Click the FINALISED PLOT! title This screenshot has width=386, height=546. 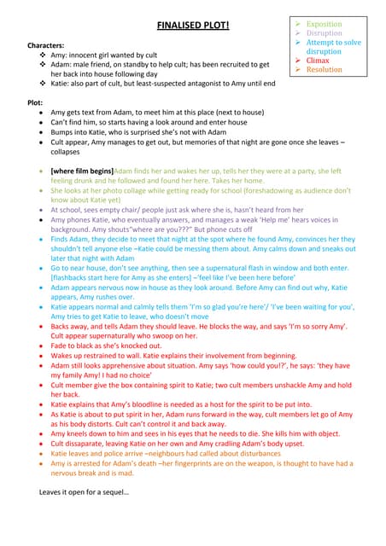pos(193,26)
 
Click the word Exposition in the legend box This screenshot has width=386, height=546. pos(324,25)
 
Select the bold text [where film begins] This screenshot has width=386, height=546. pos(82,171)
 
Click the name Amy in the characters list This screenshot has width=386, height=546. pos(60,54)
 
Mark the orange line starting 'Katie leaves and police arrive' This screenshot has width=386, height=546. pos(171,454)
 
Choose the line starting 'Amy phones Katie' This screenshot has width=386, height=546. pos(171,219)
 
